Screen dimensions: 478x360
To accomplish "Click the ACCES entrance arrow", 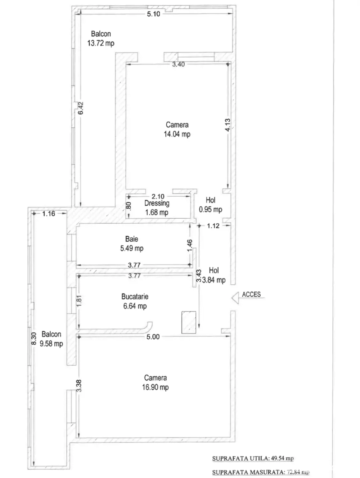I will click(235, 298).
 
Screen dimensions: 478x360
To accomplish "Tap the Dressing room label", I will click(157, 208).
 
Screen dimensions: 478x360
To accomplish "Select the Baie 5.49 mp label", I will click(132, 244).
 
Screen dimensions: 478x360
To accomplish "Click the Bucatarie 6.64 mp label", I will click(135, 301).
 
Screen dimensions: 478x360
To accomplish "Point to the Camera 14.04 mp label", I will click(177, 129).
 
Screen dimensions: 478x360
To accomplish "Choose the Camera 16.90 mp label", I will click(155, 383).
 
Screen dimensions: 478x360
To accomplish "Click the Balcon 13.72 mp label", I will click(101, 39).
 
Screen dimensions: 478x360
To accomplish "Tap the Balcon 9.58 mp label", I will click(51, 339).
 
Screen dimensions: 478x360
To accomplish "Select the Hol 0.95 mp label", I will click(211, 205).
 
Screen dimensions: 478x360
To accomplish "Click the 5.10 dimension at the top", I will click(154, 14).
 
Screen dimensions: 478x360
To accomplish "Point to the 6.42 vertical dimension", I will click(81, 108).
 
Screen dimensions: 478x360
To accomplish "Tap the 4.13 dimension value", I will click(228, 125).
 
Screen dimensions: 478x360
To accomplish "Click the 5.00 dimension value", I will click(153, 337).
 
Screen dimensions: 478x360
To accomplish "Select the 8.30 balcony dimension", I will click(33, 339).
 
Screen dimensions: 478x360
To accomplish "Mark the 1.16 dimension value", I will click(49, 214).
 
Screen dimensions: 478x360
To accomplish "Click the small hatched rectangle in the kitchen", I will click(189, 322).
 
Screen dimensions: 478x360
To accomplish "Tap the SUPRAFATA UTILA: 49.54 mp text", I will click(253, 459).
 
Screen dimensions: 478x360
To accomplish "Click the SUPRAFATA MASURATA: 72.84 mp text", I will click(261, 472).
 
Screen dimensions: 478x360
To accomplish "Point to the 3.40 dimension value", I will click(178, 64).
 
